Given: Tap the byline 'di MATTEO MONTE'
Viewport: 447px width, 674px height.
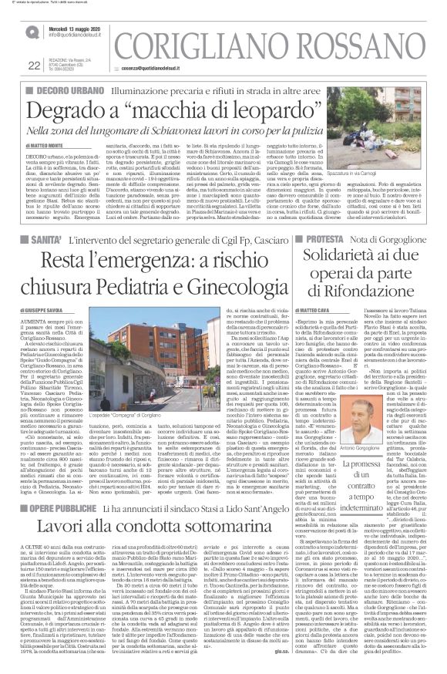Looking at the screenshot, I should click(47, 145).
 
